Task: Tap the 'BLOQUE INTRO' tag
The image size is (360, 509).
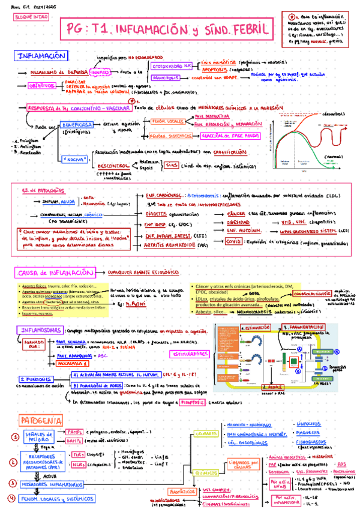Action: coord(26,18)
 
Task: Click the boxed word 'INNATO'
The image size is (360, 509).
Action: coord(98,72)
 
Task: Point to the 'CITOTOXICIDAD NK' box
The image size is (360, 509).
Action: coord(172,65)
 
